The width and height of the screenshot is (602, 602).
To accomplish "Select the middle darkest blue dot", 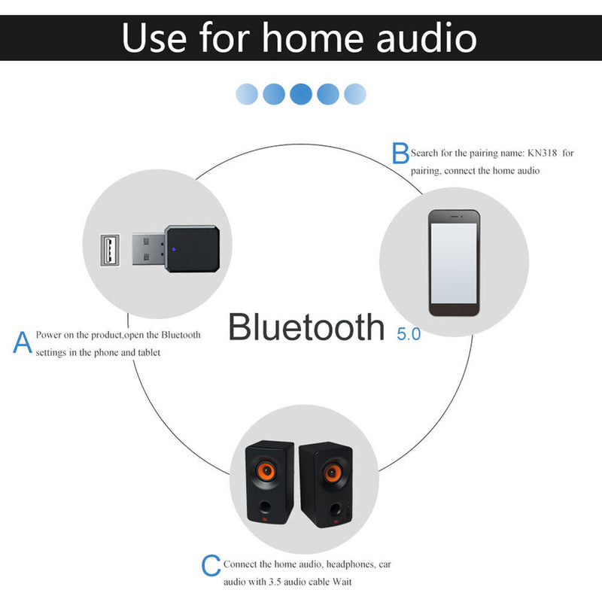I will [x=300, y=94].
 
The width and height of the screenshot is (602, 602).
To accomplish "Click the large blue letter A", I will [x=23, y=342].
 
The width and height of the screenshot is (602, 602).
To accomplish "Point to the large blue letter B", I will [x=400, y=154].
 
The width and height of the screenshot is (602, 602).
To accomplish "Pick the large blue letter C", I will [x=211, y=566].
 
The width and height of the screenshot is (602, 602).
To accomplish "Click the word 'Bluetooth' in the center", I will [x=306, y=327].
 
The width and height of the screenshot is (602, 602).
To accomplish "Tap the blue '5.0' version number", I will [x=409, y=334].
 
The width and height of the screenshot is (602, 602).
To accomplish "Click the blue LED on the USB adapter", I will [x=173, y=247].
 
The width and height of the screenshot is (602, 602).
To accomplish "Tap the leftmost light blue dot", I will [x=247, y=94].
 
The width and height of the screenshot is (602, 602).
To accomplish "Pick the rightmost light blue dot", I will [x=354, y=94].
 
